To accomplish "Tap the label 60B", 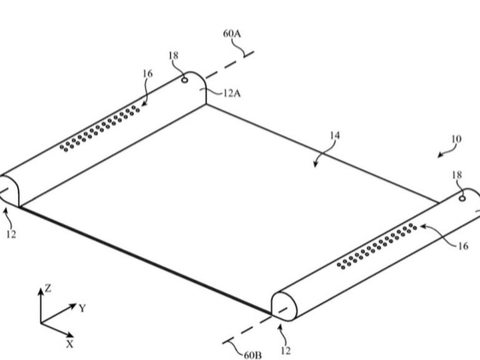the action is point(253,354).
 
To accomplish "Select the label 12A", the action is point(232,93).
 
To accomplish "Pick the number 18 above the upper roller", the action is point(173,56).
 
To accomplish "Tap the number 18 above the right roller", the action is point(457,175).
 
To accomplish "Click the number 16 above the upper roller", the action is point(147,73).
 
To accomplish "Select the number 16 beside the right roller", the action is point(463,246).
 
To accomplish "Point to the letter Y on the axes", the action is point(82,308).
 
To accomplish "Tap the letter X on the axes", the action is point(70,343).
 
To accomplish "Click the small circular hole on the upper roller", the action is point(185,79).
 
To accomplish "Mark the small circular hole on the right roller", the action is point(461,199).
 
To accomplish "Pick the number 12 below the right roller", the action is point(286,351).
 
